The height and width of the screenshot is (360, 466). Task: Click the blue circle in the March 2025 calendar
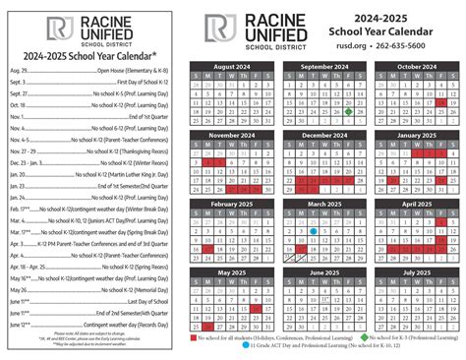313,232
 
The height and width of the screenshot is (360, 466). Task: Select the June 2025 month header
320,272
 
